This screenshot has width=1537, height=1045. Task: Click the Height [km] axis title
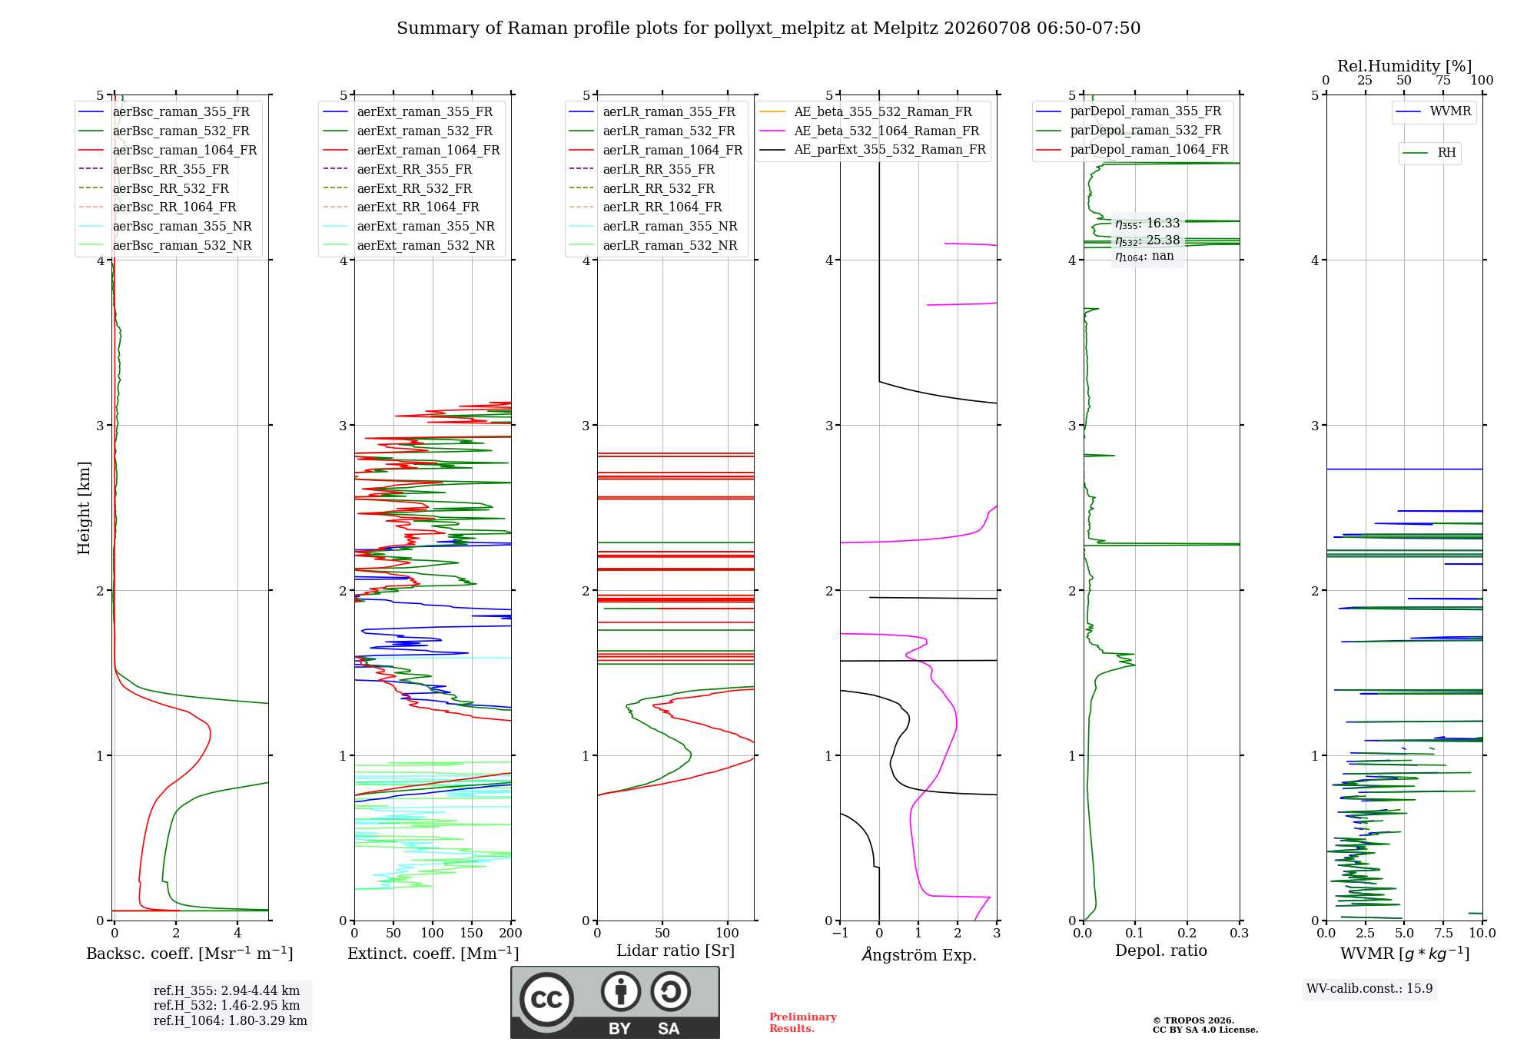click(x=84, y=508)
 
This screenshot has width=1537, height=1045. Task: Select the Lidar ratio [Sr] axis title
click(x=676, y=950)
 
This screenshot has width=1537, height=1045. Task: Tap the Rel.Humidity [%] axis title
click(x=1404, y=66)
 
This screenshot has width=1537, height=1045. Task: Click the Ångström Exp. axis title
click(x=918, y=954)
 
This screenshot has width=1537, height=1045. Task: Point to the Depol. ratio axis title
click(x=1160, y=950)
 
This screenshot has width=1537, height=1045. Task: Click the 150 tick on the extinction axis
click(x=471, y=933)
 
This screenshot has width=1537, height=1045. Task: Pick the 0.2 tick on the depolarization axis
click(x=1187, y=933)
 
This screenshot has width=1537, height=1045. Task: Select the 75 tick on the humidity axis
click(x=1442, y=80)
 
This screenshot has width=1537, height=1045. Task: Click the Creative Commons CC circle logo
click(x=546, y=999)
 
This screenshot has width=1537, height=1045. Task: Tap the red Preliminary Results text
click(x=802, y=1023)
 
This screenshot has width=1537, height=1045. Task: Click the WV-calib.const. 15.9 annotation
click(x=1369, y=988)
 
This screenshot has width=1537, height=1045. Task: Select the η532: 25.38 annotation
click(x=1147, y=241)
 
